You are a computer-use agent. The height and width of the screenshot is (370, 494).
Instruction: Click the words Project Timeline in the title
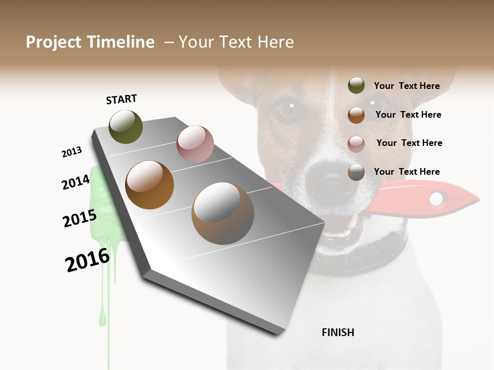[x=90, y=42]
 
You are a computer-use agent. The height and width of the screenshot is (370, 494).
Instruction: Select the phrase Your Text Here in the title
[x=236, y=42]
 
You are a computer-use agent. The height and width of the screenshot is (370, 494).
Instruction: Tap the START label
[x=121, y=99]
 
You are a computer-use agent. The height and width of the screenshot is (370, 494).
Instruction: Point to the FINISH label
[x=338, y=332]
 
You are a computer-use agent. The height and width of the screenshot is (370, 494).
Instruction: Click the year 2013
[x=72, y=152]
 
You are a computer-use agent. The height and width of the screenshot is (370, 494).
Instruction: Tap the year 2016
[x=87, y=260]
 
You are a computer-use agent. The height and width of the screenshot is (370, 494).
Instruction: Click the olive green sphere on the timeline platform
[x=126, y=127]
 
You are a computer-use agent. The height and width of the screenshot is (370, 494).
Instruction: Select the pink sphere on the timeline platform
[x=195, y=144]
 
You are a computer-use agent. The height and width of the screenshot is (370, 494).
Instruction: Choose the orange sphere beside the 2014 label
[x=150, y=185]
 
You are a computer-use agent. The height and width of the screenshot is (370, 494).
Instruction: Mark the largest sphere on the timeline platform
[x=223, y=213]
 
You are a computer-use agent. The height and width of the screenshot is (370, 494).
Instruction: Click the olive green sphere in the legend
[x=356, y=86]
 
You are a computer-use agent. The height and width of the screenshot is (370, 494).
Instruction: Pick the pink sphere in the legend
[x=356, y=144]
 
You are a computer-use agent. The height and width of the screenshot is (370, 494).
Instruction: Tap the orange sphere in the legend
[x=356, y=115]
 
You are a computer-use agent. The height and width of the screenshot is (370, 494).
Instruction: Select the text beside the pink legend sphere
[x=409, y=143]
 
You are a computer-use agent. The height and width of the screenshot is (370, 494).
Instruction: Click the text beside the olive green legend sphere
[x=407, y=86]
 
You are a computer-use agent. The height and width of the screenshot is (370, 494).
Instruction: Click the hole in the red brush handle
[x=436, y=198]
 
